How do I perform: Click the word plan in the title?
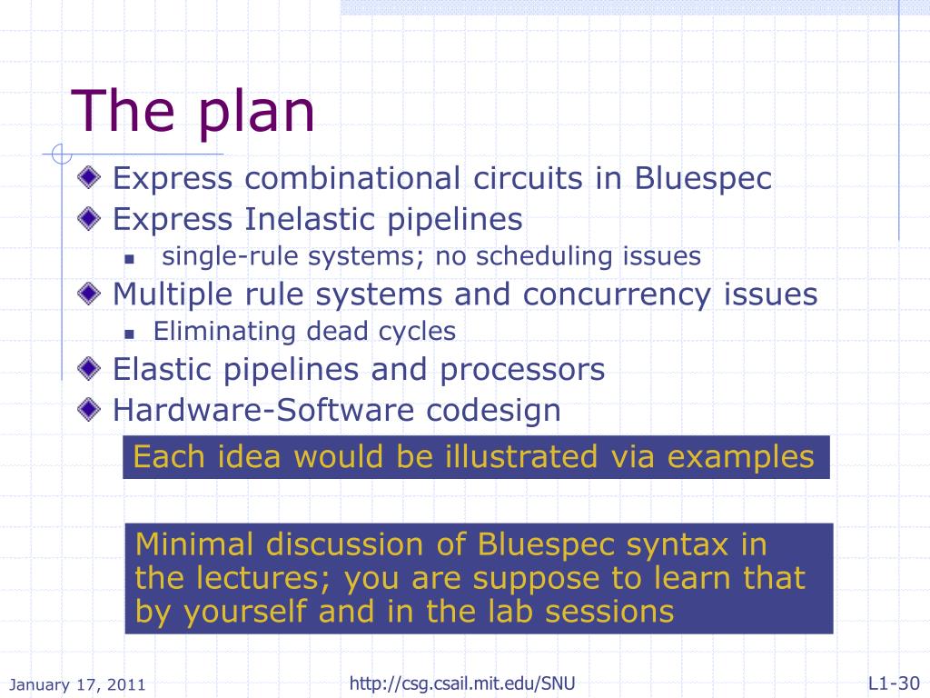click(x=255, y=113)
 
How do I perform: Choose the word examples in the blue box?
click(x=741, y=456)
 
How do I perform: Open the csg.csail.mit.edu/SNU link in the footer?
click(x=462, y=683)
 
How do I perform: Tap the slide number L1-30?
click(x=894, y=683)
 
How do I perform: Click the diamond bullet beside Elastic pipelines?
click(x=88, y=368)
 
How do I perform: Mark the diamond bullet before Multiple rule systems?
click(x=88, y=294)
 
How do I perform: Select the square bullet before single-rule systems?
click(x=129, y=259)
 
